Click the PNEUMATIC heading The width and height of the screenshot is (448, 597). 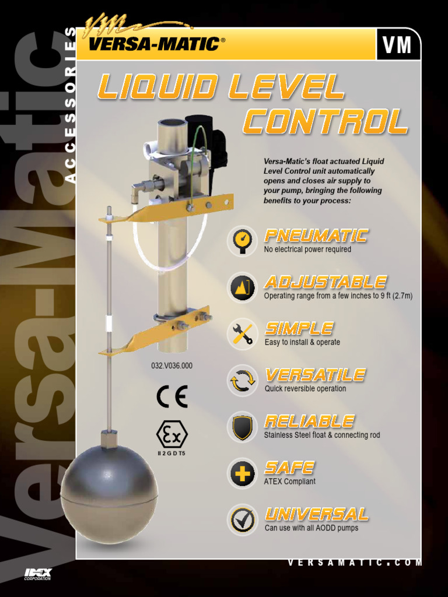click(316, 236)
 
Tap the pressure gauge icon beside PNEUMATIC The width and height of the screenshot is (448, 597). click(242, 240)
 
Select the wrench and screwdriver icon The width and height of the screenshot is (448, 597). click(242, 333)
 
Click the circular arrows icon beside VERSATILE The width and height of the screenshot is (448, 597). click(242, 380)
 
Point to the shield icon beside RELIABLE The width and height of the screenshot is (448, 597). click(242, 427)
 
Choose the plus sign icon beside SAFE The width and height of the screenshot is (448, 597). click(242, 473)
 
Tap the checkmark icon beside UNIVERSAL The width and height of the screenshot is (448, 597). click(242, 519)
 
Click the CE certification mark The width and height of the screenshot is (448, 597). click(172, 397)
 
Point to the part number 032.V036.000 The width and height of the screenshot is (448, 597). click(172, 366)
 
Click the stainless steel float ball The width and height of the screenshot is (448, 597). click(109, 487)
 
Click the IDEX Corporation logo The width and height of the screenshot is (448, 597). click(37, 574)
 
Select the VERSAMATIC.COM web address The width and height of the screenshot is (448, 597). click(355, 563)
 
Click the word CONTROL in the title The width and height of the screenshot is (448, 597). click(325, 122)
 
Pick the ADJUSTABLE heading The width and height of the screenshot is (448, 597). click(325, 282)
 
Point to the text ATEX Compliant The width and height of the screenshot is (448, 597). click(290, 482)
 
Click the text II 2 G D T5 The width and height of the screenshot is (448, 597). click(172, 453)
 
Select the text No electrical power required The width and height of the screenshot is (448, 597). click(307, 250)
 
